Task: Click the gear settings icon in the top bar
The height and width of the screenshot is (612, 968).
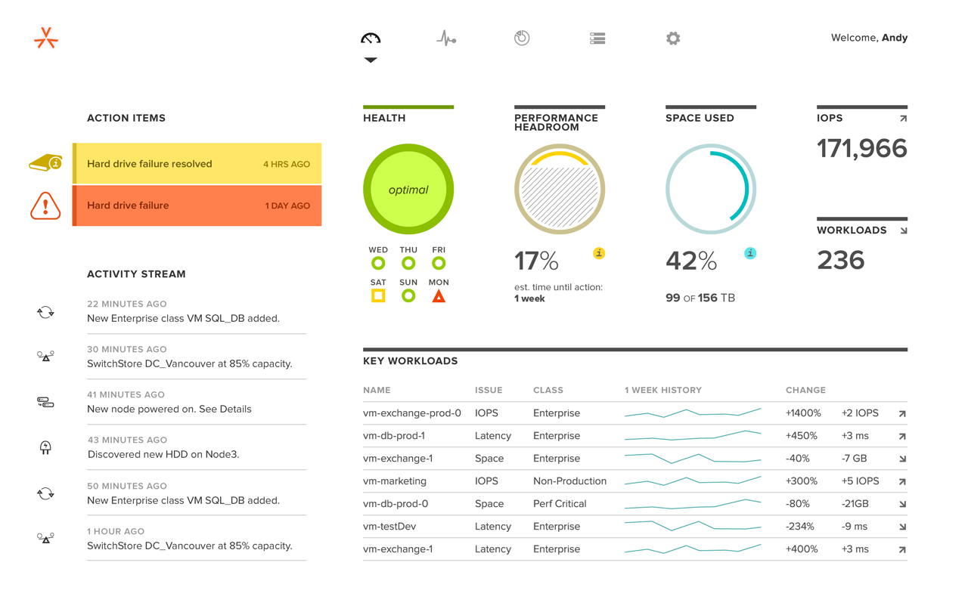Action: (673, 38)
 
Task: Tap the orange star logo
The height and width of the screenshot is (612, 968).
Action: (46, 38)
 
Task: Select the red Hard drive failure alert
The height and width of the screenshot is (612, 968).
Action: (197, 206)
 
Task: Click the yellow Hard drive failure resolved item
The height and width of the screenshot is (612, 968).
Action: (197, 164)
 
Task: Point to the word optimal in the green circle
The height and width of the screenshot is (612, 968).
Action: (408, 190)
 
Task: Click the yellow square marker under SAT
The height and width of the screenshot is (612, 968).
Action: (378, 295)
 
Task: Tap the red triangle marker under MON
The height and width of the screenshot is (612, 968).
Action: (439, 296)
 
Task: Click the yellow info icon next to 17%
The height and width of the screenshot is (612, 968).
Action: (599, 253)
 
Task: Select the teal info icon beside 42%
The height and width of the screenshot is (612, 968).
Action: (750, 253)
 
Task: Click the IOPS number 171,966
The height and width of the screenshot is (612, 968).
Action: (861, 149)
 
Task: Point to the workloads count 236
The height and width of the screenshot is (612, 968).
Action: (840, 261)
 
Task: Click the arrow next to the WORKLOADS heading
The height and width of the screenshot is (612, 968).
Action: (903, 230)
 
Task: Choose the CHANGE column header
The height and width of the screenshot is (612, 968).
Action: (805, 391)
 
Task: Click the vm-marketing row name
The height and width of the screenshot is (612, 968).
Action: (395, 481)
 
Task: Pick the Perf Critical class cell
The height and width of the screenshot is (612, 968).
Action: (560, 504)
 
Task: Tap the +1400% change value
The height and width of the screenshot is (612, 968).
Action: (803, 413)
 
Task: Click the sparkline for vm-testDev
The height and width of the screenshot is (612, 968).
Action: (692, 525)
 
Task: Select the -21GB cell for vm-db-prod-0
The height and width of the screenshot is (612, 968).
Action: (855, 504)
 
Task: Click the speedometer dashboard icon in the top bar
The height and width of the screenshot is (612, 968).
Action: (371, 38)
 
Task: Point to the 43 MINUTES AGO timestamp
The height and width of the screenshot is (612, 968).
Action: (127, 440)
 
